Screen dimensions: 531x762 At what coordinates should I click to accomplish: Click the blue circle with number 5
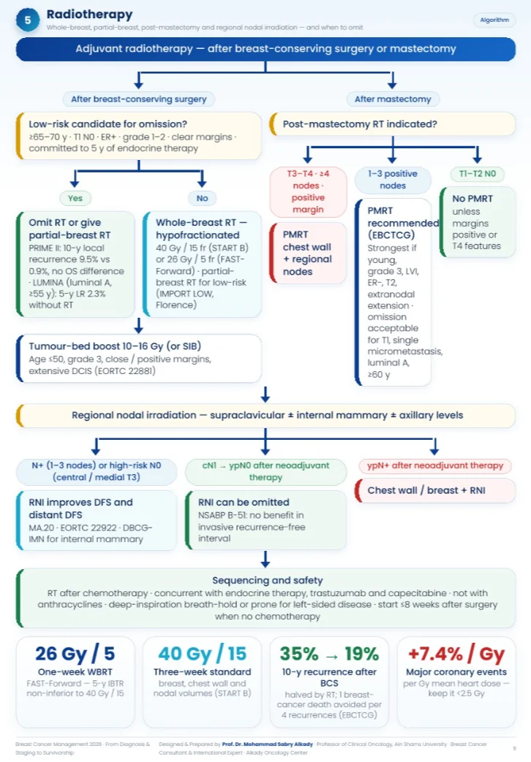28,20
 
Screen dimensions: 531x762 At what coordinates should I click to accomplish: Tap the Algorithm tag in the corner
494,20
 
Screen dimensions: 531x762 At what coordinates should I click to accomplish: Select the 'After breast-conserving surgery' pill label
139,99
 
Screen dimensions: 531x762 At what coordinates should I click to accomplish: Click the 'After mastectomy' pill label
393,99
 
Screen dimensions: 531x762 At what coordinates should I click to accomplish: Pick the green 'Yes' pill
75,198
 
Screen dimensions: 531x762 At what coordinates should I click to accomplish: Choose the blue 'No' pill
202,198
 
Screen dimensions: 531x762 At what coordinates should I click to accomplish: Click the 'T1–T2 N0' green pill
478,173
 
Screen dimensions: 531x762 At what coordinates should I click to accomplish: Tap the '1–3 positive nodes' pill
393,179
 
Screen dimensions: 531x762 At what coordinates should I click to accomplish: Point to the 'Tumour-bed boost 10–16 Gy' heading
115,346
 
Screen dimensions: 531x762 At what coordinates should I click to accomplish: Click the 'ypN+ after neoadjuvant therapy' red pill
435,465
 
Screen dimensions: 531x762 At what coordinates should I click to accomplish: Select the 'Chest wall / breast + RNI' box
434,490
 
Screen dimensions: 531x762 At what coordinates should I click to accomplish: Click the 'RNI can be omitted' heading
244,502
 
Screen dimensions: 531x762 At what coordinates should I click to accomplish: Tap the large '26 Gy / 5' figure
75,654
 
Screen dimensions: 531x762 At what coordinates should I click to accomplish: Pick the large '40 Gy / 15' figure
202,654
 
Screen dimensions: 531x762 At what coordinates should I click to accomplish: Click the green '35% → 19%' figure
329,654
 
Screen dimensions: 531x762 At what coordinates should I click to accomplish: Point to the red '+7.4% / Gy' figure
456,654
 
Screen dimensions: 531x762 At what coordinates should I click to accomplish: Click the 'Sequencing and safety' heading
267,580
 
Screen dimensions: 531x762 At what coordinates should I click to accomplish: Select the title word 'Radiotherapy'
89,15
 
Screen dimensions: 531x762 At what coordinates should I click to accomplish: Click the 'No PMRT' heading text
472,199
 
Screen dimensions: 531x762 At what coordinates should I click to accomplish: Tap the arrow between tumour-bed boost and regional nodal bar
265,394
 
